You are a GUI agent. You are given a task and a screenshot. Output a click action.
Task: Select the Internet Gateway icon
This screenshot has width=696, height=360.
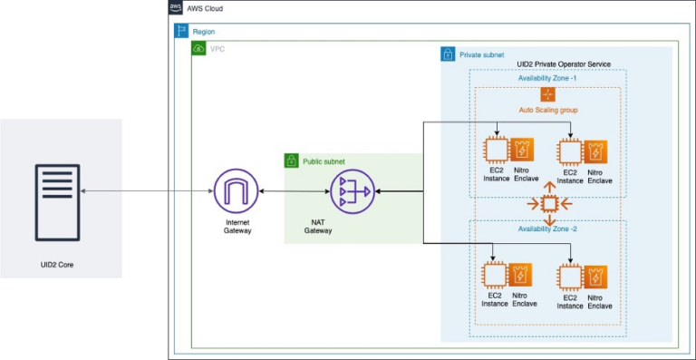coord(236,191)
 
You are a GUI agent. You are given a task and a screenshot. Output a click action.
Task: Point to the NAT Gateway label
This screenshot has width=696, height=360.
coord(317,226)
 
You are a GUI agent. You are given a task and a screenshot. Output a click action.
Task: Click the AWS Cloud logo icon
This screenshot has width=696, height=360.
coord(176,8)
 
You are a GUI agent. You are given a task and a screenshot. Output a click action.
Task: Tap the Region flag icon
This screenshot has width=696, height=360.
coord(180,31)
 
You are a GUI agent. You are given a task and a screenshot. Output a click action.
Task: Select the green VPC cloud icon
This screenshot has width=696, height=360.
coord(198,48)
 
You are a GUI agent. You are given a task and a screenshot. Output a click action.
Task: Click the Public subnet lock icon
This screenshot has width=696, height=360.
coord(292,161)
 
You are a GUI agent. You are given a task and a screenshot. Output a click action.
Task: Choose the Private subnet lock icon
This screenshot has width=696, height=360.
coord(448,54)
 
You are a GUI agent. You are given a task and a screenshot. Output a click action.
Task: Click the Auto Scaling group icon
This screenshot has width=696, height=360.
coord(547,94)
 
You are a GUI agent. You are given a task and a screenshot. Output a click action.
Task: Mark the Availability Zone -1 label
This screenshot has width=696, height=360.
coord(547,78)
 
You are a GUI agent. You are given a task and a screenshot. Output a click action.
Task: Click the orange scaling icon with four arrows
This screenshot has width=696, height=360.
coord(548,203)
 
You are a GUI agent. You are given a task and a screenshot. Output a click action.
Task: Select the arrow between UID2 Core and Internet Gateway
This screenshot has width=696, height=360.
coord(145,191)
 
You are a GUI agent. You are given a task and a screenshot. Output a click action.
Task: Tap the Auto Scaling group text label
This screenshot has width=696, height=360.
coord(548,110)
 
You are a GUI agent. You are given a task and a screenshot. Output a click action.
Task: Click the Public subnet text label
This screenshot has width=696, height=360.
coord(324,161)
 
